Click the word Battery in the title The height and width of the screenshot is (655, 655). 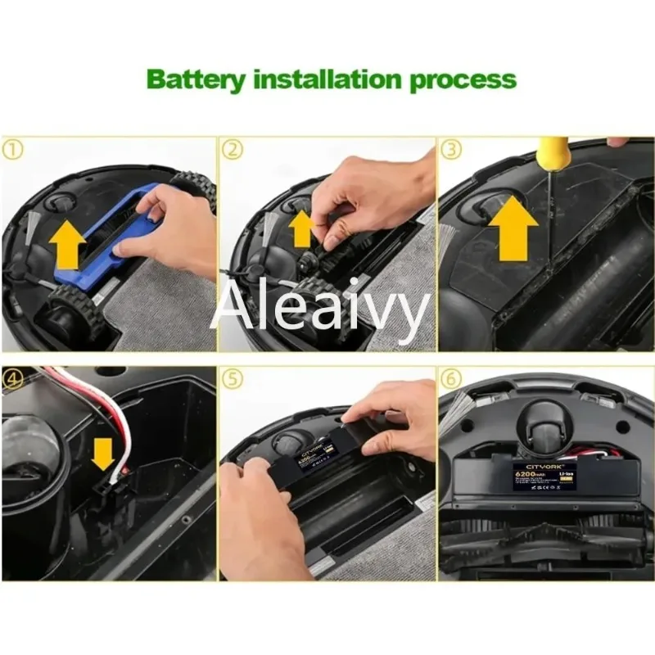click(197, 80)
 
